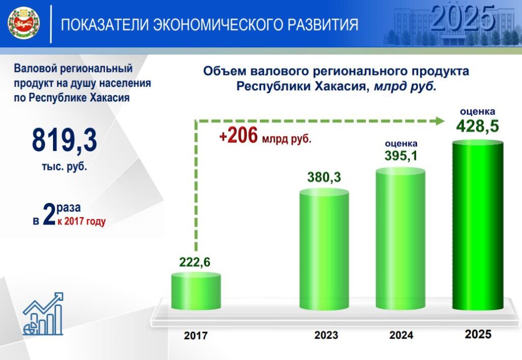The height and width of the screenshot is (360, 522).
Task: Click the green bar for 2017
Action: [x=196, y=291]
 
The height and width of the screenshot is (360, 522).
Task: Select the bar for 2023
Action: [x=324, y=249]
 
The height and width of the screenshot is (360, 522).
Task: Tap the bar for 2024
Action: [x=401, y=239]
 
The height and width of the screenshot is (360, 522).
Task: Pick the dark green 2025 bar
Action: [x=478, y=225]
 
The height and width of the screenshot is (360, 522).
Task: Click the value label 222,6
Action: [x=195, y=263]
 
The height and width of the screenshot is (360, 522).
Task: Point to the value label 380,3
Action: [x=324, y=177]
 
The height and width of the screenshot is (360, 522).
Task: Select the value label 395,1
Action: [x=401, y=156]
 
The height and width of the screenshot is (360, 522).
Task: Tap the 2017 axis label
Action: [x=196, y=336]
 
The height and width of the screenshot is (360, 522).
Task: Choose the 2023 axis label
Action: [x=326, y=335]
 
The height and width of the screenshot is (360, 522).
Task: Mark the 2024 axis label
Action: [x=401, y=335]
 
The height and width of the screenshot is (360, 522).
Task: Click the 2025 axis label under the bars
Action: [x=478, y=334]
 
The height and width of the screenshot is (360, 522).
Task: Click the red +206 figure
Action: [x=239, y=136]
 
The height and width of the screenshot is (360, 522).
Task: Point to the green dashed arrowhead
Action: [x=440, y=121]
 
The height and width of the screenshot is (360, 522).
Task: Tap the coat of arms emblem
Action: [x=23, y=23]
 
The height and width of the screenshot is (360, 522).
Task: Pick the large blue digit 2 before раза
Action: [x=49, y=214]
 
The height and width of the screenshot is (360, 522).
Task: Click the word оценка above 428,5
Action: [x=477, y=112]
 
